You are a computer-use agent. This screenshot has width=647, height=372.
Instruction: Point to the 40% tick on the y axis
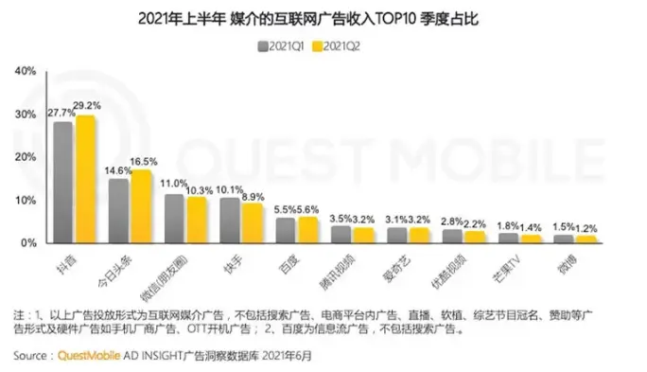coord(25,71)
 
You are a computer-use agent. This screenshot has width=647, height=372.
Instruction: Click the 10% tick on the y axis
coord(25,201)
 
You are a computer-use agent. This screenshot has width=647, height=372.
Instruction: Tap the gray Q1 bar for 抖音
coord(63,182)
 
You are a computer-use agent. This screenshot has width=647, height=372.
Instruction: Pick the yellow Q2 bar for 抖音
coord(85,179)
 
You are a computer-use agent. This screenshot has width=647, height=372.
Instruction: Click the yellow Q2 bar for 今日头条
coord(141,206)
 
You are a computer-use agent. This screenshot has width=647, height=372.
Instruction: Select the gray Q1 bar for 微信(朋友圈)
coord(174,219)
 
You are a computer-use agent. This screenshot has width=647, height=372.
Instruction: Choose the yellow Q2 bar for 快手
coord(253,222)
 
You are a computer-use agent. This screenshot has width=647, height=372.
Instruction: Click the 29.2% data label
coord(88,106)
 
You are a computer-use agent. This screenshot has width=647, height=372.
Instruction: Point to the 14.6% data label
coord(119,169)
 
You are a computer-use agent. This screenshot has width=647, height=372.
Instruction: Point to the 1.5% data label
coord(564,226)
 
